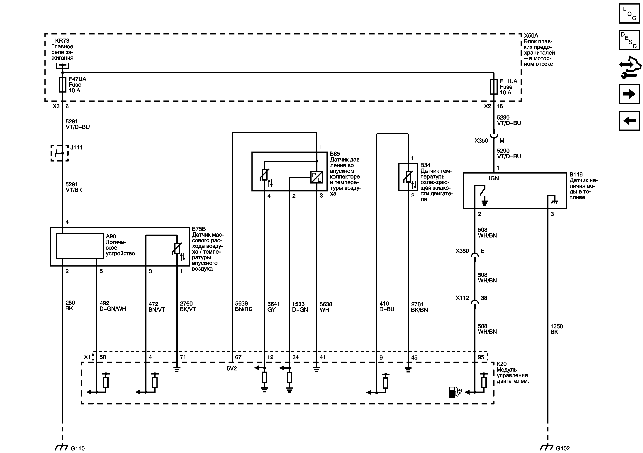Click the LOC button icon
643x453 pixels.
pos(629,13)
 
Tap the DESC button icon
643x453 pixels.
pos(629,40)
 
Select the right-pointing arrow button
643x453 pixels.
pos(629,94)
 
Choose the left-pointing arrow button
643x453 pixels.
pos(629,121)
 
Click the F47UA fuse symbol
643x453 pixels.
pos(62,85)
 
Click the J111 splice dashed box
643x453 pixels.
pos(59,153)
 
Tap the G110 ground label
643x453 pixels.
pos(77,448)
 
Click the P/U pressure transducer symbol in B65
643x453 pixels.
pos(317,177)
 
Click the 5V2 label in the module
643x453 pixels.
pos(232,368)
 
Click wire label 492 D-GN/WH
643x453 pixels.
pos(113,306)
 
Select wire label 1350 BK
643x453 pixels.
pos(556,329)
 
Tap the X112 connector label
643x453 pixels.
pos(462,298)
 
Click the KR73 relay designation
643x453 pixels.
pos(62,41)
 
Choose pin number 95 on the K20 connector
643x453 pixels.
pos(481,357)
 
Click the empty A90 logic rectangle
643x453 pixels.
pos(80,246)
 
